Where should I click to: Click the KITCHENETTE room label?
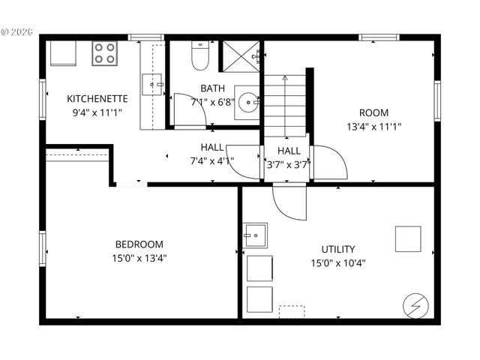coord(97,98)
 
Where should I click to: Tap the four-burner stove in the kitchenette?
coord(104,53)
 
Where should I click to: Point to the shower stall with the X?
coord(239,55)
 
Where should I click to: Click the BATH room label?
coord(212,88)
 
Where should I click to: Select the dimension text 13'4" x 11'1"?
coord(373,126)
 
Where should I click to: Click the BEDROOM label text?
coord(139,244)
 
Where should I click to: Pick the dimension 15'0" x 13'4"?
coord(139,258)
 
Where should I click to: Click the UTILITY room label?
coord(338,249)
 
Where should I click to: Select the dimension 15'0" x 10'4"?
coord(338,262)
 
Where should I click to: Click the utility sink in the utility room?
coord(255,235)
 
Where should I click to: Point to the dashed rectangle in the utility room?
coord(292,311)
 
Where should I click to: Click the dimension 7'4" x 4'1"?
coord(212,160)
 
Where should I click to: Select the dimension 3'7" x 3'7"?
coord(289,164)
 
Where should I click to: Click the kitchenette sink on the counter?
coord(155,85)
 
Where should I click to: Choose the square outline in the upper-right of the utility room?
coord(408,238)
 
